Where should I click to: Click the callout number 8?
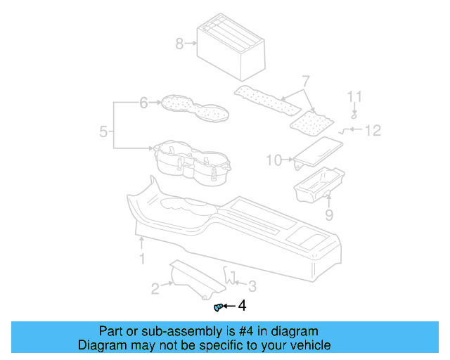[179, 44]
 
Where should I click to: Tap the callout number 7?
[305, 81]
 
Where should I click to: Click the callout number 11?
[355, 97]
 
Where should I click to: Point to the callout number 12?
[372, 130]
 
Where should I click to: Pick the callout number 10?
[275, 160]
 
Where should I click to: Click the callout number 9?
[328, 214]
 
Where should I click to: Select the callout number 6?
[144, 103]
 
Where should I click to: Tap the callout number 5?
[103, 131]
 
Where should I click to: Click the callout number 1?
[141, 259]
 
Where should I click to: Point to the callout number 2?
[155, 287]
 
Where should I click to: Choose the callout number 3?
[252, 285]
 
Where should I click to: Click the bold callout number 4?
[243, 305]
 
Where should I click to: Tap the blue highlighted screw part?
[218, 307]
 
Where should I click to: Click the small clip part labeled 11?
[354, 115]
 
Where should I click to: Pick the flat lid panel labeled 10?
[319, 150]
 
